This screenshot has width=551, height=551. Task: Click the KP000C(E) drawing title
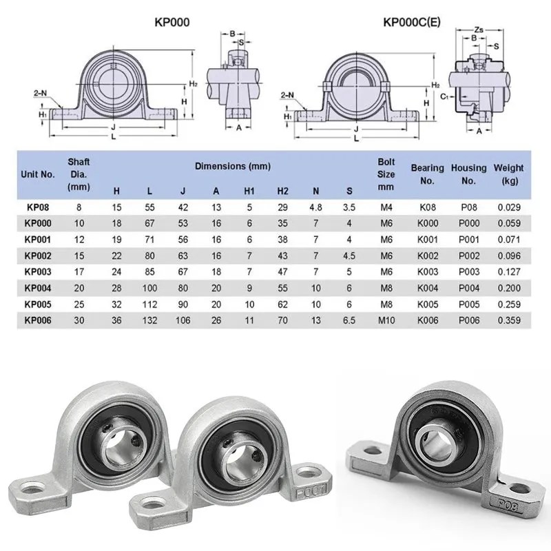coord(411,22)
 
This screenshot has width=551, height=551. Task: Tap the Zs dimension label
coord(479,30)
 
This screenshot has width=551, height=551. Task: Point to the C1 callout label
coord(444,96)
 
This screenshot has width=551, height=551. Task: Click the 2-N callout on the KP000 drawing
coord(41,93)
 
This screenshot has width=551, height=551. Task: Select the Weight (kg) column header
coord(508,174)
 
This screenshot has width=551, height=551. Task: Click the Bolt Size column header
coord(386,174)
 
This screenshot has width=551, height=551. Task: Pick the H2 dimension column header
coord(282,191)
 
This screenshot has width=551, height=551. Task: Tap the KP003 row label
coord(38,271)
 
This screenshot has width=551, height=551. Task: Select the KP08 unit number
coord(38,207)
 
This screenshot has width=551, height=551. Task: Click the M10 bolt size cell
coord(386,320)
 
